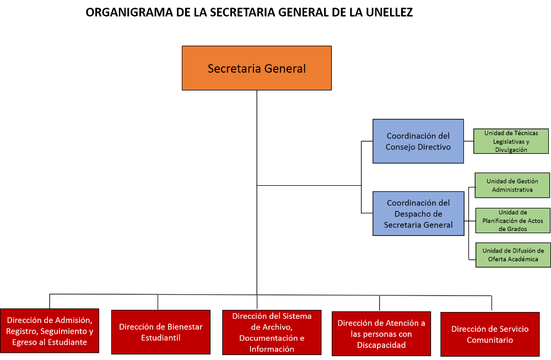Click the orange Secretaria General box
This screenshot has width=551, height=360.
257,68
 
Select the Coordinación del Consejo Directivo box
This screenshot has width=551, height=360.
418,141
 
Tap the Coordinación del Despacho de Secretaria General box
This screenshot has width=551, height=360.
418,213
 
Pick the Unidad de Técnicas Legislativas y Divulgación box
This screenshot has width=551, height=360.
511,141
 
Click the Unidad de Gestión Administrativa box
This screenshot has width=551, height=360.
512,185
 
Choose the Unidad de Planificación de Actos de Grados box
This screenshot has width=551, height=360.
512,221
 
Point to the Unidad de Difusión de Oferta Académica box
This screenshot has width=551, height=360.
513,255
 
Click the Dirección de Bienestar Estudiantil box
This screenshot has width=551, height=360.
161,332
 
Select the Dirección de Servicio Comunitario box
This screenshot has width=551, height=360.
490,334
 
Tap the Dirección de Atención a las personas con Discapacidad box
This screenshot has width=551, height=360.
381,334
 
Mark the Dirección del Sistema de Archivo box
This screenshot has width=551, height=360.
272,332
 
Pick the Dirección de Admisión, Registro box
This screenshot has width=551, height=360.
50,331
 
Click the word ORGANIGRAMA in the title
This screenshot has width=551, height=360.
129,12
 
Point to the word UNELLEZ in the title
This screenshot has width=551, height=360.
390,12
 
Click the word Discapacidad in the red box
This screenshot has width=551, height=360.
381,345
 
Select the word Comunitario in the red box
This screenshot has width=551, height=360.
490,340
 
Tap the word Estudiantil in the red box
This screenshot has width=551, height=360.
161,337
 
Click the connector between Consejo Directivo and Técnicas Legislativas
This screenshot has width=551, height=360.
469,141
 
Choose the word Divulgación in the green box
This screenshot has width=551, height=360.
511,150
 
